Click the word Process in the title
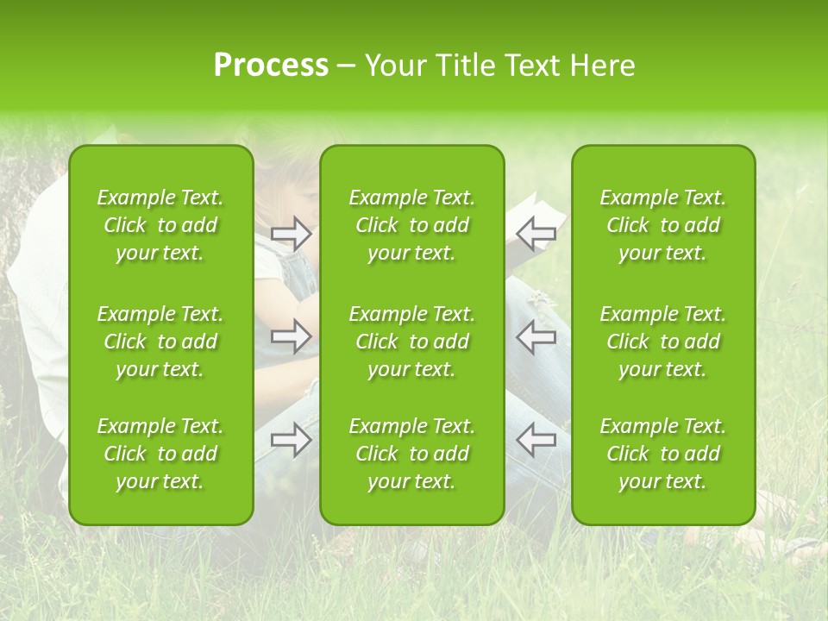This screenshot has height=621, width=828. coord(271,66)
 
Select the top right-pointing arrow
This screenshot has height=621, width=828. coord(292,233)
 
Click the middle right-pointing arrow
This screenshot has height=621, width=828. coord(292,336)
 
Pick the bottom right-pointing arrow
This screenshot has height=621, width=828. coord(292,440)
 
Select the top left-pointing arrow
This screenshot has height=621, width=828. coord(536,233)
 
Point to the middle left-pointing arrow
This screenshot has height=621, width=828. coord(536,336)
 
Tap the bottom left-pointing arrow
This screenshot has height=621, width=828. coord(536,440)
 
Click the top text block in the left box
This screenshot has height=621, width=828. coord(160,225)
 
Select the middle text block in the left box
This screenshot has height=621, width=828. coord(160,342)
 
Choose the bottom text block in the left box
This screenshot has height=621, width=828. coord(160,454)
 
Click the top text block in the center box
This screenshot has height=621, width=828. coord(411,225)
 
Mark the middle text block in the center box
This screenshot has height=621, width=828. coord(411,342)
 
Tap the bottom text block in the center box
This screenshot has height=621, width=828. coord(411,454)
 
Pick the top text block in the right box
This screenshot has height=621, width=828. coord(662,225)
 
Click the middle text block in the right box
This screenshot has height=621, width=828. coord(662,342)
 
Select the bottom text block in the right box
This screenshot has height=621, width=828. coord(662,454)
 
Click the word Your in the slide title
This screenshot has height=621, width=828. coord(395,66)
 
